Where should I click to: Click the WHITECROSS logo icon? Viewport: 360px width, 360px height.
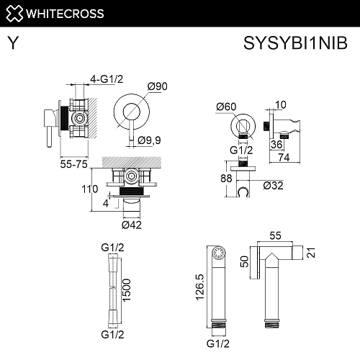point(15,12)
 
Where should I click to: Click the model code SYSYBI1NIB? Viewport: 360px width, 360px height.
point(297,43)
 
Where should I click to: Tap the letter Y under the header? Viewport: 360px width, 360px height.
point(13,43)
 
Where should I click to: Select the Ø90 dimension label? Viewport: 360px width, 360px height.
point(158,86)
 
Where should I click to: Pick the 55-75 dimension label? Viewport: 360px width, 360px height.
point(74,165)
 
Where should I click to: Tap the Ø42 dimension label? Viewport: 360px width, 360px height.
point(131,226)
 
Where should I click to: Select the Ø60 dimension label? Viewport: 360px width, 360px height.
point(225,107)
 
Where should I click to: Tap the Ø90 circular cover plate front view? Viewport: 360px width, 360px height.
point(131,112)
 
